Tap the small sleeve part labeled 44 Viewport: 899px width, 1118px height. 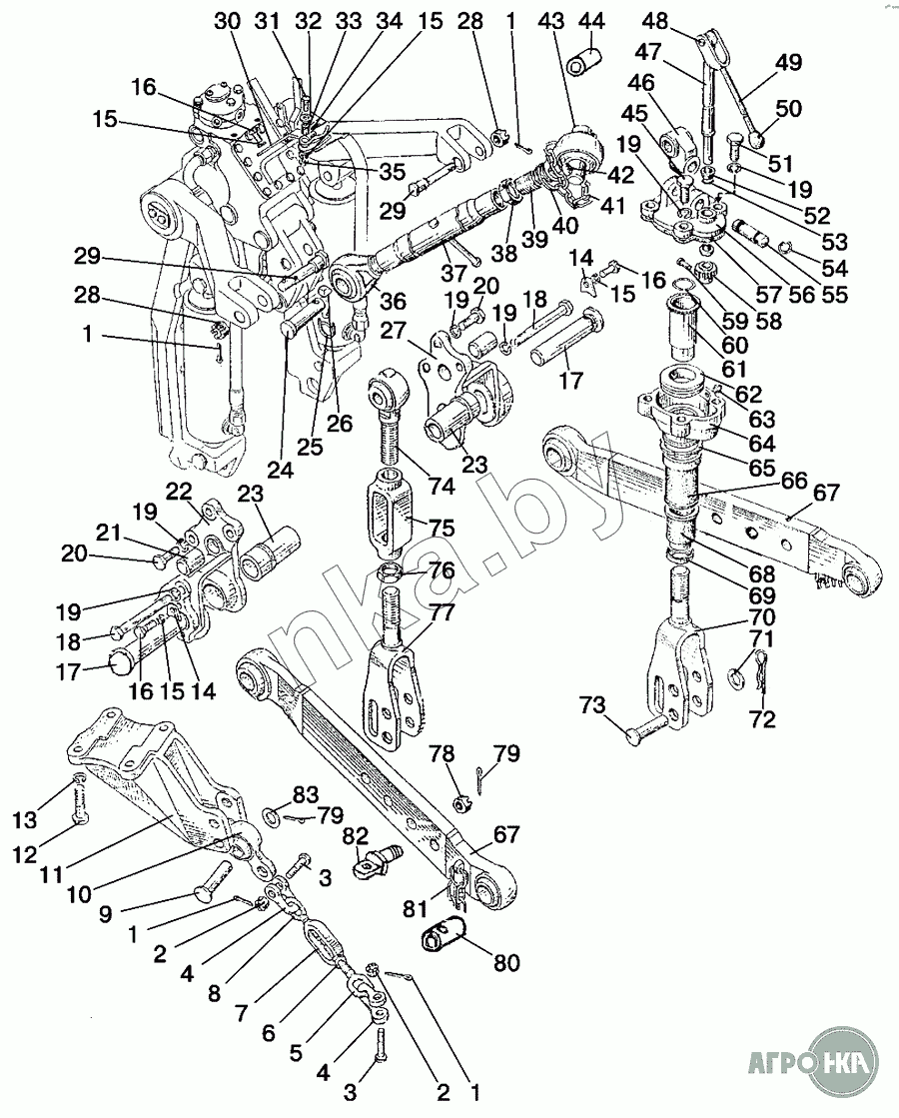(583, 59)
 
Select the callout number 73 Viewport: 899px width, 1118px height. (592, 706)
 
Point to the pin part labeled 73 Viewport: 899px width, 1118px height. (648, 730)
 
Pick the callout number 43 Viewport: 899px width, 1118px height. (551, 21)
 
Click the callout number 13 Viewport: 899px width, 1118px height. (25, 820)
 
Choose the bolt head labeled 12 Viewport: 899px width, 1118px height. (81, 816)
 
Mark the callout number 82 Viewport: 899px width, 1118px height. (355, 835)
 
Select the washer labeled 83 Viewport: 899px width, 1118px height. (272, 815)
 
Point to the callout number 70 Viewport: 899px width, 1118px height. (761, 616)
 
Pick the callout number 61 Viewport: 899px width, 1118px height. (734, 369)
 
